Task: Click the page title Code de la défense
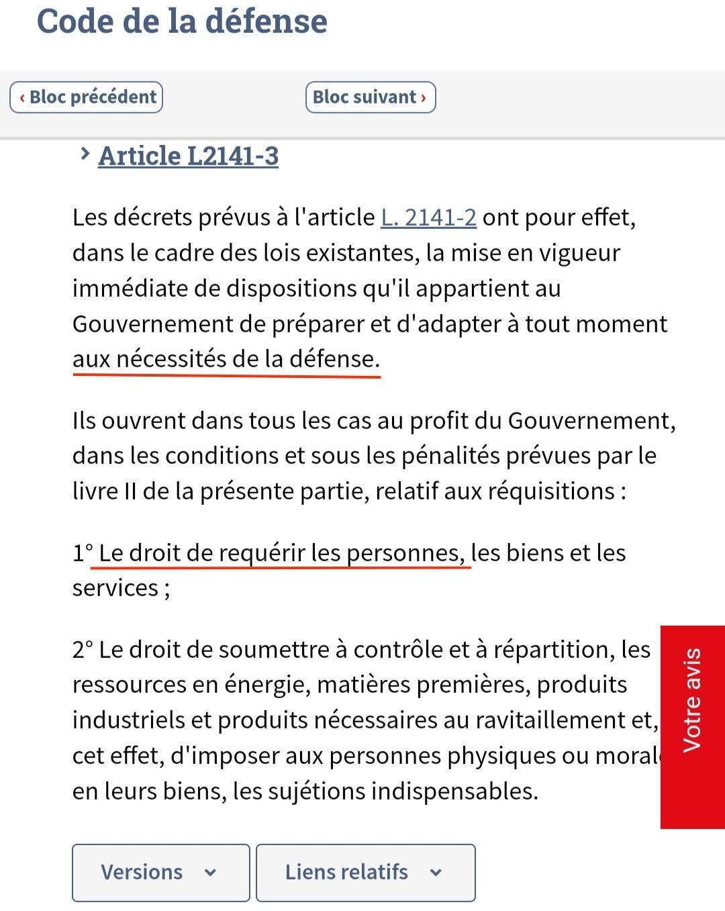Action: point(182,21)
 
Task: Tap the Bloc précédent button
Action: point(87,97)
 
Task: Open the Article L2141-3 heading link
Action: point(188,156)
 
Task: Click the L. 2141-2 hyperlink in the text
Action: point(428,218)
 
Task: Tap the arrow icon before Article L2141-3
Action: point(85,154)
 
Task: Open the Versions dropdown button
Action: point(160,872)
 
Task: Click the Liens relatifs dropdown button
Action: point(365,872)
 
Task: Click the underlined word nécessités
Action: point(171,359)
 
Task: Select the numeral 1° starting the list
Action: point(83,553)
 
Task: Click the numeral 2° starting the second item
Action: point(83,650)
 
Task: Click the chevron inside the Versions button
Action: point(210,873)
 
